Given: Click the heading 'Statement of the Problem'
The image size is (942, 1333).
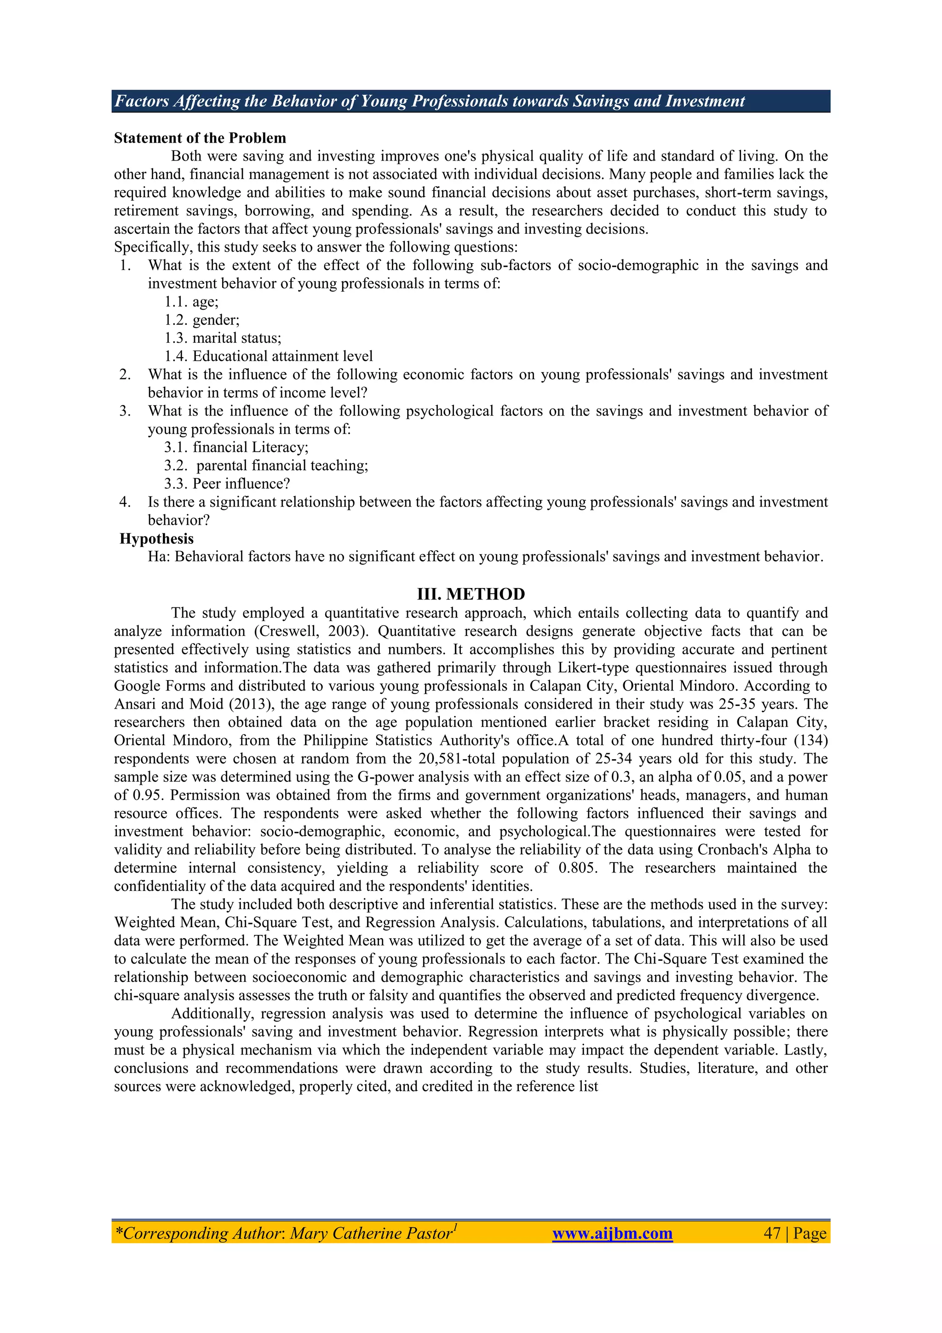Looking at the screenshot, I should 200,138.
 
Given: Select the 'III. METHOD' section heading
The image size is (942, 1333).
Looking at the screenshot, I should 471,594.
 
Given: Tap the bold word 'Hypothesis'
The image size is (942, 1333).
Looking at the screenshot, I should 156,539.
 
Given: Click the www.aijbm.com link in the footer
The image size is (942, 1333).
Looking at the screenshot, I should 612,1233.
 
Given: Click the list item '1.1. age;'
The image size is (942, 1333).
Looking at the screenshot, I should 191,302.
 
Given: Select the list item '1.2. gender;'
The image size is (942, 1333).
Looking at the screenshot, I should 201,320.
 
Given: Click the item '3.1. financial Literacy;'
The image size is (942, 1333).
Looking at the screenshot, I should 235,447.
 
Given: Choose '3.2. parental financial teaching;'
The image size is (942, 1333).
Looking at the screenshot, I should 266,466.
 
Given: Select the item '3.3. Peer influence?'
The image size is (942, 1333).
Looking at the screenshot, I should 226,484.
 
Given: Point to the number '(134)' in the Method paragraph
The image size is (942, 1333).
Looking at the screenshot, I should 810,740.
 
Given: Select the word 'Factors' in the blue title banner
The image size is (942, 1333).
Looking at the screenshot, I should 142,101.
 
